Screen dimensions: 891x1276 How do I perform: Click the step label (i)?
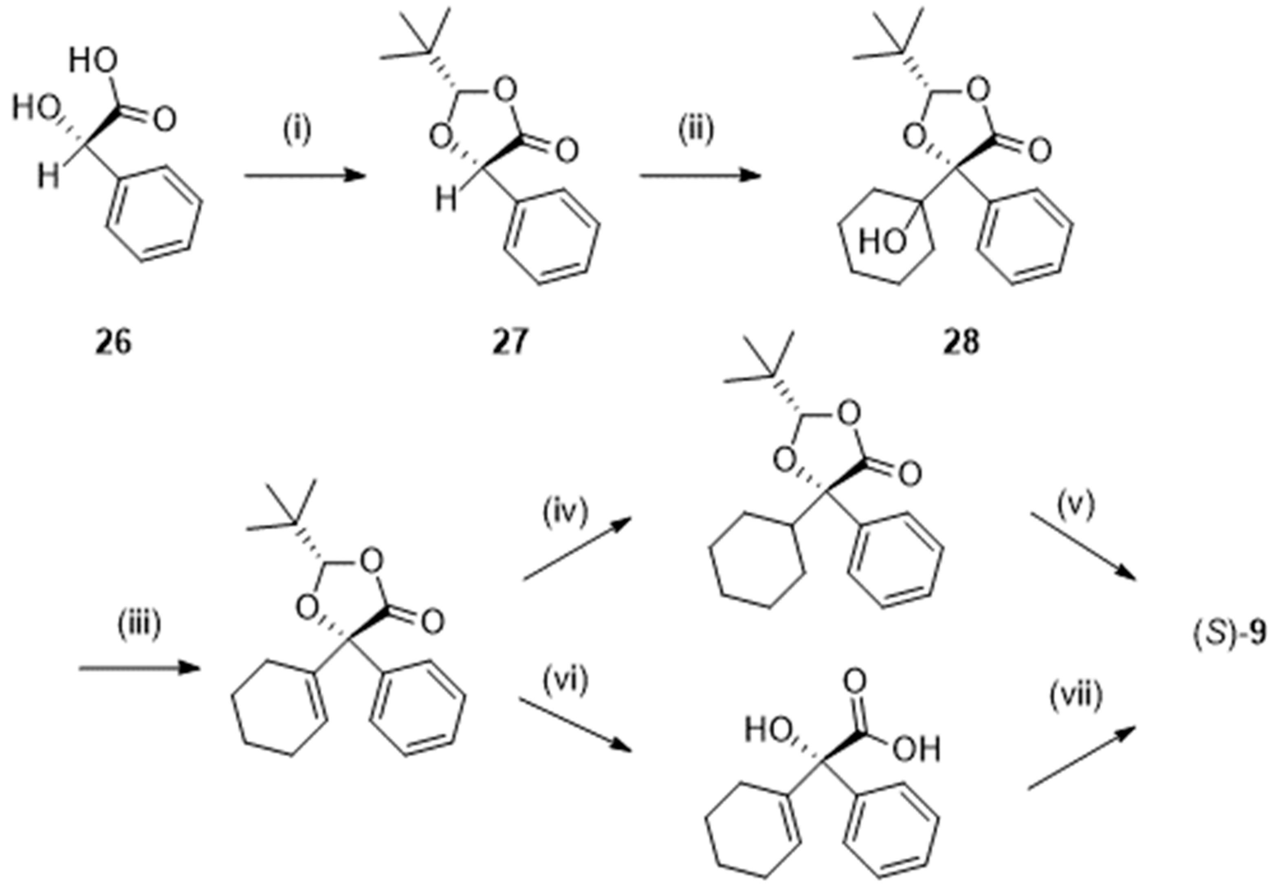(x=297, y=130)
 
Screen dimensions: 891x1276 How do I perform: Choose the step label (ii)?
(x=696, y=130)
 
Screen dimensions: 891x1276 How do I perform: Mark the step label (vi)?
(x=565, y=681)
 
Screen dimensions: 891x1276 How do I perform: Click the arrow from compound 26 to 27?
(x=305, y=176)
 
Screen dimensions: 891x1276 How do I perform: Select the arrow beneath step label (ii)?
(x=700, y=176)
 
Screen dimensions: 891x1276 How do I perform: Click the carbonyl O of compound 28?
(x=1040, y=150)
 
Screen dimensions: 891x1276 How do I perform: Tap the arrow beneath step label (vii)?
(x=1081, y=759)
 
